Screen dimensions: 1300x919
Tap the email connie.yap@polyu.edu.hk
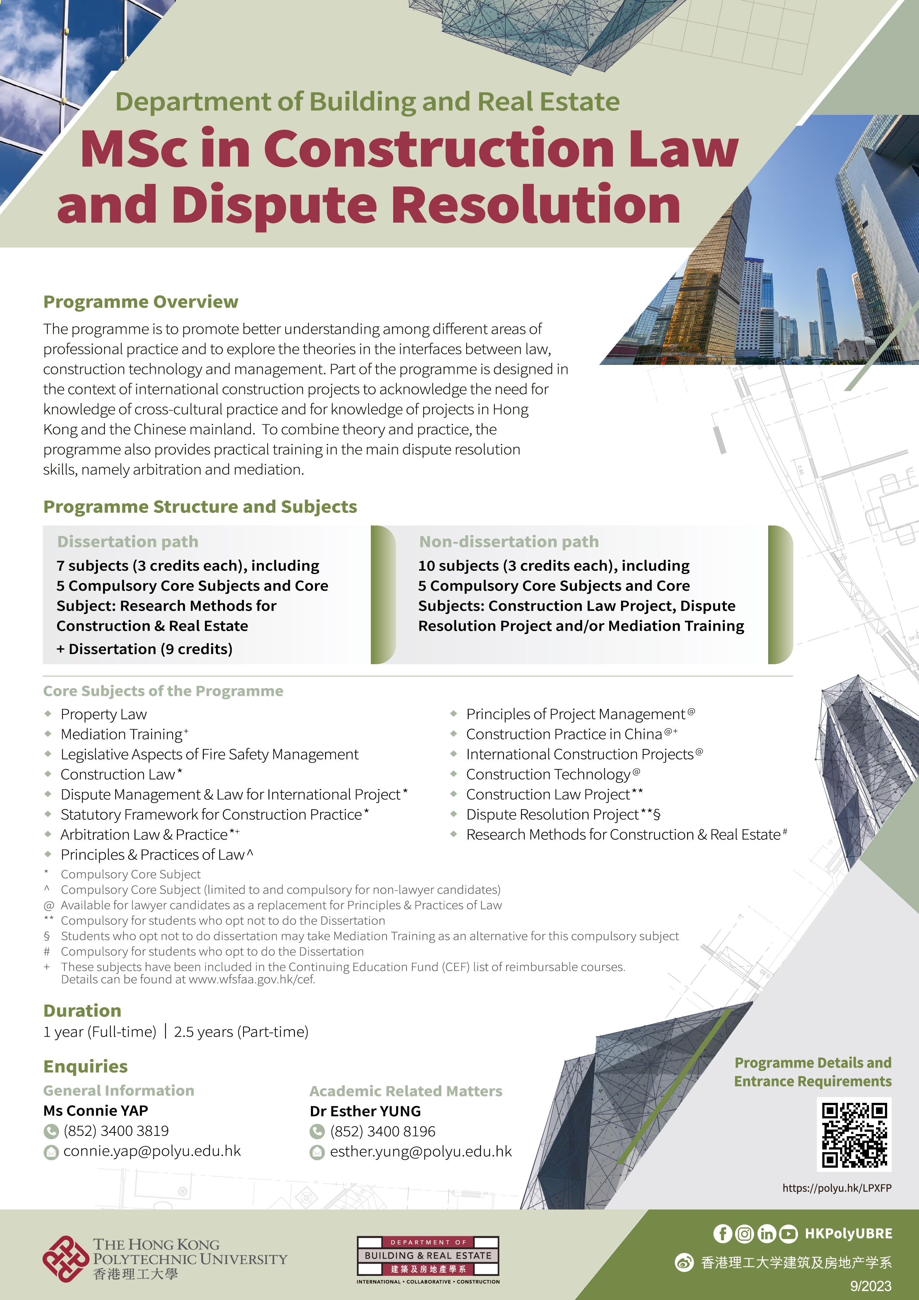(152, 1151)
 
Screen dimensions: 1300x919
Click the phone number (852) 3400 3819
(116, 1131)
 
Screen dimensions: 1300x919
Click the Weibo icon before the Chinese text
(684, 1263)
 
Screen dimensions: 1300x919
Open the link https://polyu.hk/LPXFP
(836, 1188)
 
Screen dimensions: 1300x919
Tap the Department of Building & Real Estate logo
(428, 1259)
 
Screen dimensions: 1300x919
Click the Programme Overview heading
(141, 302)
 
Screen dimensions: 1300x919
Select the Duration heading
(82, 1011)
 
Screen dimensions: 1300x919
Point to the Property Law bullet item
(104, 714)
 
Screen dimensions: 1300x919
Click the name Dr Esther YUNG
(365, 1111)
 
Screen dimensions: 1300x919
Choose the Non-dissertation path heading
(508, 542)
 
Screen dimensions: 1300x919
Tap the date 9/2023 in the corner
(871, 1286)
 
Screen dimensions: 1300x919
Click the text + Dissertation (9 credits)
(145, 649)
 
